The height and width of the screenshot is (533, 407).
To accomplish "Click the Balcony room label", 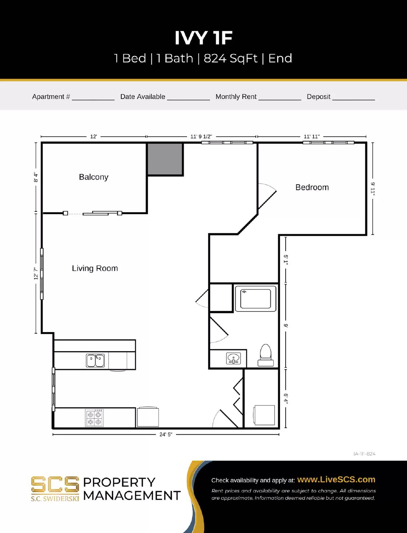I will tap(94, 177).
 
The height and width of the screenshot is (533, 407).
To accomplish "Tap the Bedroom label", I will tap(312, 187).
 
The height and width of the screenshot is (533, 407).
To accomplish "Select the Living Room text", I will tap(95, 268).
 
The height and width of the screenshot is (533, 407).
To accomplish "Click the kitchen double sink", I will tap(95, 360).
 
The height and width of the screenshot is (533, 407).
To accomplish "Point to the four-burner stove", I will tap(94, 418).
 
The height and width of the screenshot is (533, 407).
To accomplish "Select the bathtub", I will tap(256, 298).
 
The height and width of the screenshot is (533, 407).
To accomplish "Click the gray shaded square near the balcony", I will tap(165, 159).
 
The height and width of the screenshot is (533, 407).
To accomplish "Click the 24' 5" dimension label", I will tap(166, 434).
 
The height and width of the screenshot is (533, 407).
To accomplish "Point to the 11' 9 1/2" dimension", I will tap(201, 137).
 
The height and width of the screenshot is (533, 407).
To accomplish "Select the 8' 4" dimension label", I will tap(36, 178).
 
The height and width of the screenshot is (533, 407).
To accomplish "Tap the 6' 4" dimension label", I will tap(286, 398).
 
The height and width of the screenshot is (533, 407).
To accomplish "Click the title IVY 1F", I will tap(203, 38).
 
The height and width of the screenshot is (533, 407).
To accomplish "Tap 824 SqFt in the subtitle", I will tap(230, 58).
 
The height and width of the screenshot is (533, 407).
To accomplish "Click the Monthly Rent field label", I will tap(236, 97).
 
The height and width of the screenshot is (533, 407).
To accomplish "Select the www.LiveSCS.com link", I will tap(336, 479).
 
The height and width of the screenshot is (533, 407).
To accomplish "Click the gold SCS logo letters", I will tap(55, 485).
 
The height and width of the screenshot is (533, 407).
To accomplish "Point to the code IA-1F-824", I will tap(364, 454).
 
